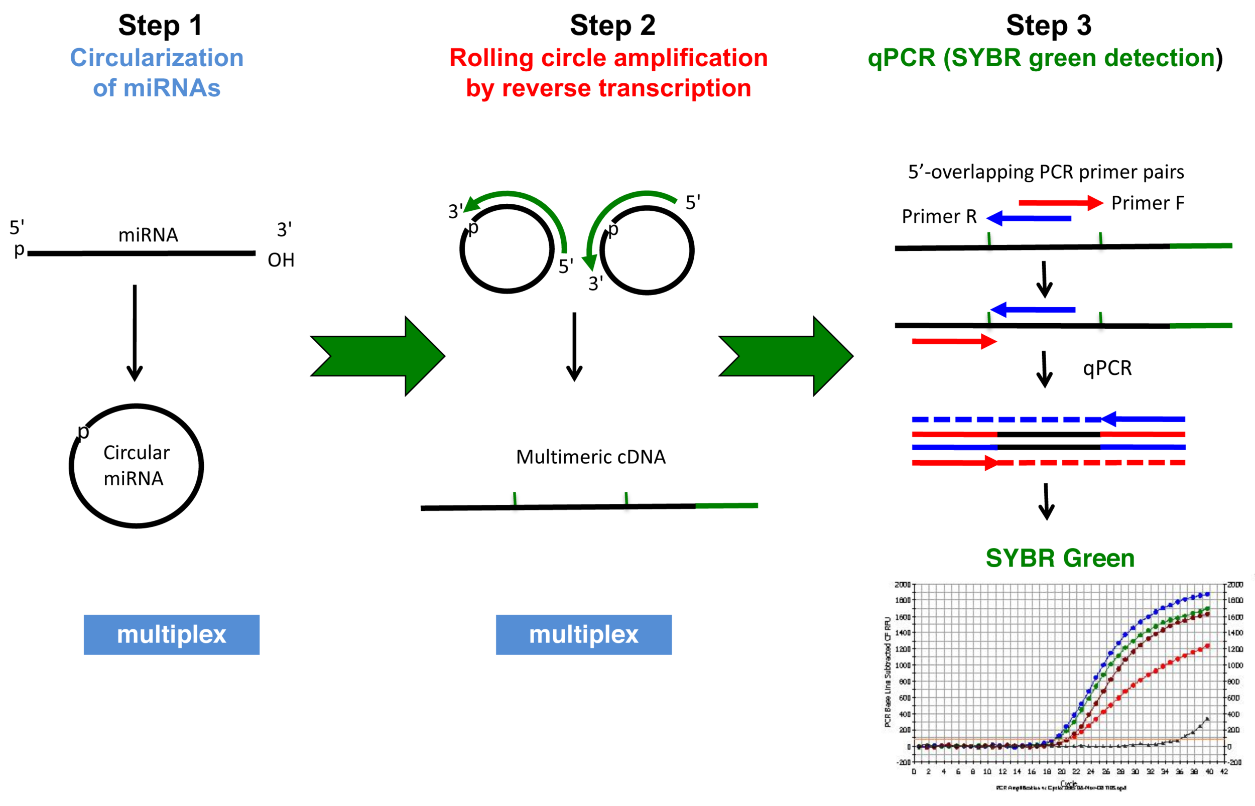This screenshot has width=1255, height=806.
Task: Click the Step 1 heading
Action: click(160, 25)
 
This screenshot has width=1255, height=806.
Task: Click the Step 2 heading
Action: click(612, 25)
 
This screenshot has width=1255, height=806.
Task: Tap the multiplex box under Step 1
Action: click(171, 634)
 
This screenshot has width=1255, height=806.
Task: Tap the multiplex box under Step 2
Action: click(583, 634)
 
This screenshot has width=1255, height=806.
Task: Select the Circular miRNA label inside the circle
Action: click(136, 465)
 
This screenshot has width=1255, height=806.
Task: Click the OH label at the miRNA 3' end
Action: click(281, 260)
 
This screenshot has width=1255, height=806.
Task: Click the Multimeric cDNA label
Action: click(590, 457)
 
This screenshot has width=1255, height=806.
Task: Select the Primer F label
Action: click(1147, 203)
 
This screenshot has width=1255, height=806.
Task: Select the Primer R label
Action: click(939, 216)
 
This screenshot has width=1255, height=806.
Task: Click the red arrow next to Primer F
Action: click(1060, 203)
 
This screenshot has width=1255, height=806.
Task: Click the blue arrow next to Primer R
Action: click(1029, 218)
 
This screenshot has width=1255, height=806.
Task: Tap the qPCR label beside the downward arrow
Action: click(1107, 368)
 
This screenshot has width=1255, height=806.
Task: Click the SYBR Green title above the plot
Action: click(1060, 558)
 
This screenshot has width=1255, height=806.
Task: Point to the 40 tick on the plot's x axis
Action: click(1209, 771)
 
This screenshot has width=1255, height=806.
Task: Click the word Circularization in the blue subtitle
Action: click(157, 58)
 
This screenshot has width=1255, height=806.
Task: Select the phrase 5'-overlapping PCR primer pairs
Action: click(1046, 172)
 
